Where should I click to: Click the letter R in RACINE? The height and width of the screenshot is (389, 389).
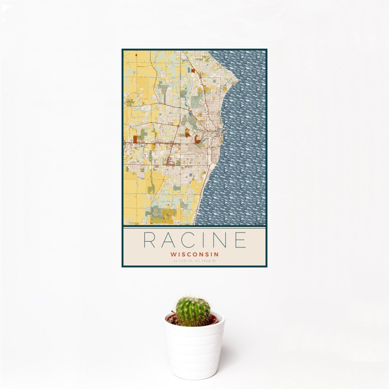point(151,240)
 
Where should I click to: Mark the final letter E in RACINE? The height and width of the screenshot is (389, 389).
point(240,240)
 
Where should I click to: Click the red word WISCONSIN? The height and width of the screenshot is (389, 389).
point(194,254)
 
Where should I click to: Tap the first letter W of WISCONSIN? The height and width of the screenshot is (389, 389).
point(173,254)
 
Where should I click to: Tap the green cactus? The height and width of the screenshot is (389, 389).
point(193,311)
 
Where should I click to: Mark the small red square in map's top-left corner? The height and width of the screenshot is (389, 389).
point(136,55)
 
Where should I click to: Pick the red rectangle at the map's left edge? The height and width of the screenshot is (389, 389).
point(135,139)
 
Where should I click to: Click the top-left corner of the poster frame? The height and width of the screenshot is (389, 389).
point(122,49)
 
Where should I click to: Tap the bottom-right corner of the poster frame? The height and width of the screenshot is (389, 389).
point(267,266)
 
